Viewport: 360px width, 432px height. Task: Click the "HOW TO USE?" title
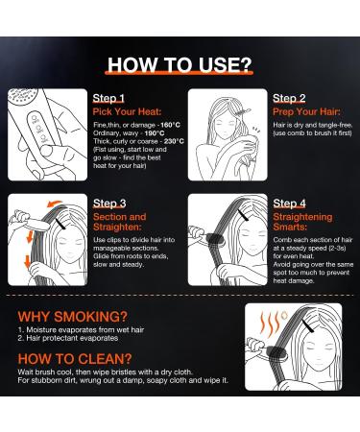[180, 65]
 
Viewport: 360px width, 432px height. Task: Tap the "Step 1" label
[108, 98]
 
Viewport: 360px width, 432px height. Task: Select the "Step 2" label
[289, 98]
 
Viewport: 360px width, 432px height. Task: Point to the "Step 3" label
[109, 204]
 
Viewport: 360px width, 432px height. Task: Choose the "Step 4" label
[290, 204]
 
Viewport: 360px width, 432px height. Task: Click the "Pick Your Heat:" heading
[127, 111]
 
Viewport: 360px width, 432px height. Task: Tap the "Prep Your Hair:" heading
[306, 111]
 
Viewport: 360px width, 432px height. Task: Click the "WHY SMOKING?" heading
[73, 317]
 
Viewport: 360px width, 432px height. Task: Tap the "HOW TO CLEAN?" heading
[75, 359]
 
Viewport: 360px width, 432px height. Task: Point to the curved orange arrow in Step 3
[54, 204]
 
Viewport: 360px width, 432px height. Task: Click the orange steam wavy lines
[271, 323]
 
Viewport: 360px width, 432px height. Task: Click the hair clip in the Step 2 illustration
[242, 111]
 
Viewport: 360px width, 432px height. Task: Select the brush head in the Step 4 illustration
[215, 240]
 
